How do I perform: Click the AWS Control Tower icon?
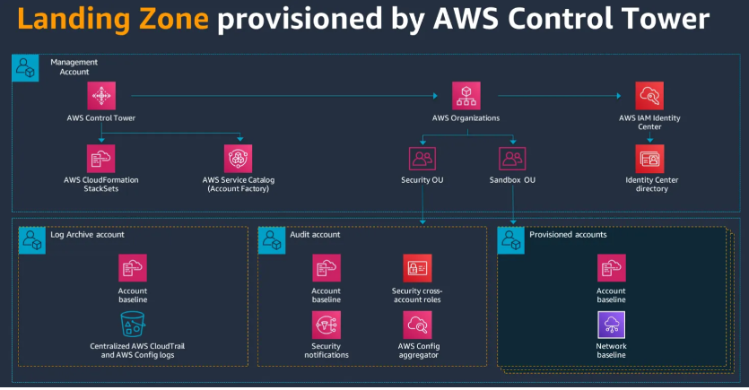point(101,95)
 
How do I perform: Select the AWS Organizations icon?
point(466,95)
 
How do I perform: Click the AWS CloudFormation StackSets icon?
point(101,158)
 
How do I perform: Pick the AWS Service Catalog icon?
point(239,158)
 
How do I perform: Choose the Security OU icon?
point(422,158)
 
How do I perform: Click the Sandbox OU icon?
point(512,158)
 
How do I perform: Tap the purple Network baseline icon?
point(611,325)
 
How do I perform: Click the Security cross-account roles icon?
point(417,268)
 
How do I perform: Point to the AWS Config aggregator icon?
point(417,325)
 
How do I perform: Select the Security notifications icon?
point(326,325)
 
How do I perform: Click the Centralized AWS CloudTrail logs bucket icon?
point(132,325)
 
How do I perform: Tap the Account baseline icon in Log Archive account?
point(132,268)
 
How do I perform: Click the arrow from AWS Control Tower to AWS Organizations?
point(287,94)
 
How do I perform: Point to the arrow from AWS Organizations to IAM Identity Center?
point(556,94)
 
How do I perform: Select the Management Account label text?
point(74,66)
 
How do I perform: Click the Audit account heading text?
point(314,235)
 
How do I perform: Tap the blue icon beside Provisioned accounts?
point(510,239)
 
